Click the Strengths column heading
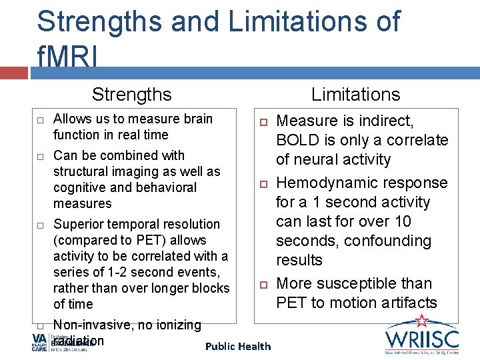[131, 95]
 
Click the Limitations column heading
[355, 95]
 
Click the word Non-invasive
[92, 325]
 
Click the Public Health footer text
[238, 346]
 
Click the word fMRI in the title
[67, 59]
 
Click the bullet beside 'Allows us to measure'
[40, 120]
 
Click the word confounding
[392, 241]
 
